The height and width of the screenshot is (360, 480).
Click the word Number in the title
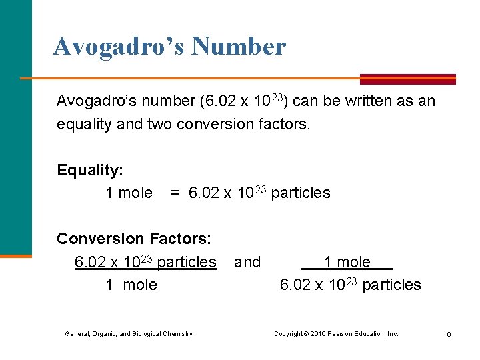click(238, 47)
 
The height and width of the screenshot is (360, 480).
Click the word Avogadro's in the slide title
click(118, 47)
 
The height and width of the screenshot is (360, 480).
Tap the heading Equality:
click(89, 170)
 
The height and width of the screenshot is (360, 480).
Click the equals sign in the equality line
click(175, 193)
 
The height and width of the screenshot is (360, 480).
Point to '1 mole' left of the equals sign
click(129, 193)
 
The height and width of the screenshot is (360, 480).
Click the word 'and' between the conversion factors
click(247, 262)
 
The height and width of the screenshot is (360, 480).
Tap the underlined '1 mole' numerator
click(347, 262)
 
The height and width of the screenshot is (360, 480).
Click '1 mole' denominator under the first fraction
click(131, 285)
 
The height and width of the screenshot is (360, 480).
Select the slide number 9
click(449, 334)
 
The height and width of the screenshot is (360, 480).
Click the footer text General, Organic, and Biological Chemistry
click(129, 333)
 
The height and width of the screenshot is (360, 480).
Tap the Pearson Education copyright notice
click(336, 333)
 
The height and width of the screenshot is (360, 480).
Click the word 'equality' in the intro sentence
click(82, 124)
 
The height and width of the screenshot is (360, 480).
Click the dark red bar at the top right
click(408, 79)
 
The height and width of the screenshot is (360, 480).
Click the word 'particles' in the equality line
click(301, 193)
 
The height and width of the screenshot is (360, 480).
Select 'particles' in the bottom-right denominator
click(391, 285)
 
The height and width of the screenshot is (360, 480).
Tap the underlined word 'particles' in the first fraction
click(187, 262)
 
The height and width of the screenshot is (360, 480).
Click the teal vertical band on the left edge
click(15, 127)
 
